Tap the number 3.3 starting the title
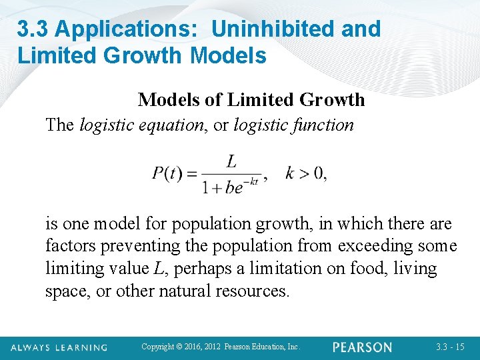33,29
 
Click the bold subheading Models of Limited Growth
251,100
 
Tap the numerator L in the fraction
232,161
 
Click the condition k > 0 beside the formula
305,174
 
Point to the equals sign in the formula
191,175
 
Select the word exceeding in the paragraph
377,246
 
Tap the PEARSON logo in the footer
363,347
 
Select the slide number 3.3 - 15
450,347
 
